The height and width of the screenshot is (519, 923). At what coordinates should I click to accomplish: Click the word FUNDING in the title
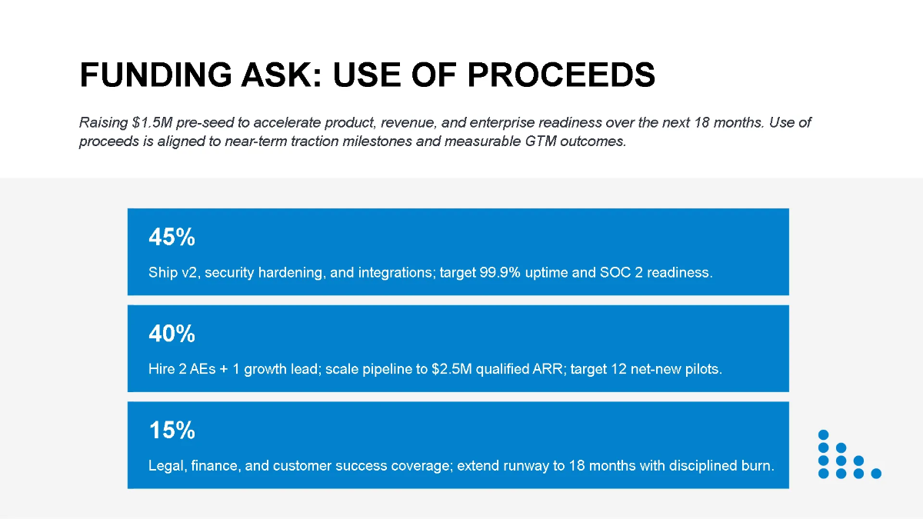tap(155, 75)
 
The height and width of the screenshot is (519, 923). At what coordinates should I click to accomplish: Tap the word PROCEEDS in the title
tap(561, 75)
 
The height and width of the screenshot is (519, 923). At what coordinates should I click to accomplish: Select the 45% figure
tap(172, 237)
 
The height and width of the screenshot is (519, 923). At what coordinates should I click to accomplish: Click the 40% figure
tap(172, 333)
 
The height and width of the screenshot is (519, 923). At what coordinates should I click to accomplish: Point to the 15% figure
tap(172, 430)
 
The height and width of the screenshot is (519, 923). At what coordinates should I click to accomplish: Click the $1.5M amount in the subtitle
tap(152, 122)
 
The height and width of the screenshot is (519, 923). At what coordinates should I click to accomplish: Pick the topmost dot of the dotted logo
tap(823, 435)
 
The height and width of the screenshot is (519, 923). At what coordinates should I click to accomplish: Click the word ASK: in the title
tap(281, 75)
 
